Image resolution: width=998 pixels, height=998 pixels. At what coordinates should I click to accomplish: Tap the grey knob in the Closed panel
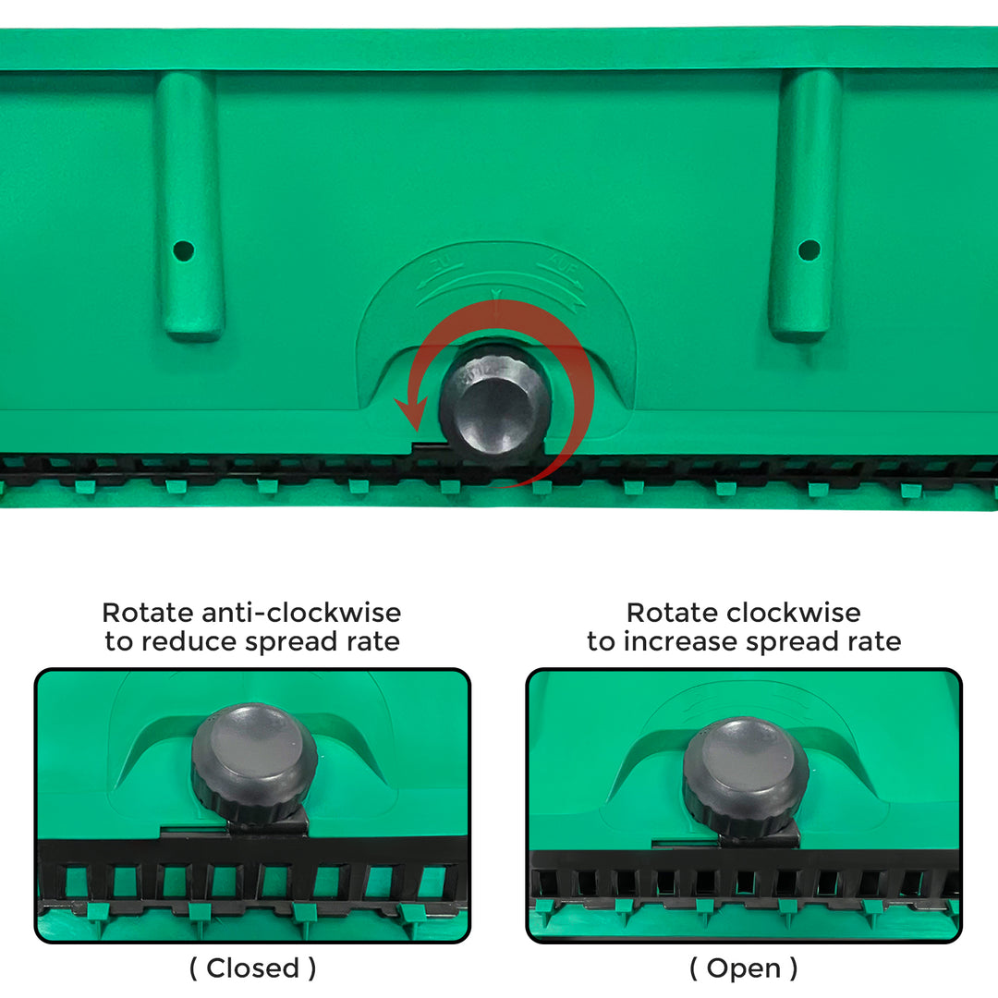254,761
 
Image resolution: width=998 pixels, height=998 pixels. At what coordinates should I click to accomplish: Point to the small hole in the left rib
183,250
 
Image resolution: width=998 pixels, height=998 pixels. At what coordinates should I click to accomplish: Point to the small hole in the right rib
809,249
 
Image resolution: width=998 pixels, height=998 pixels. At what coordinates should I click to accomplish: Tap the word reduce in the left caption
189,641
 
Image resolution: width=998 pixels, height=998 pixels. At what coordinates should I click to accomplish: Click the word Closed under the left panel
252,968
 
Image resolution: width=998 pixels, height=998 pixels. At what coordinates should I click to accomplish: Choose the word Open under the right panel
743,968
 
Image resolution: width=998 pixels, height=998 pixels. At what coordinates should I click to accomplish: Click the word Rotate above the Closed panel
148,613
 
